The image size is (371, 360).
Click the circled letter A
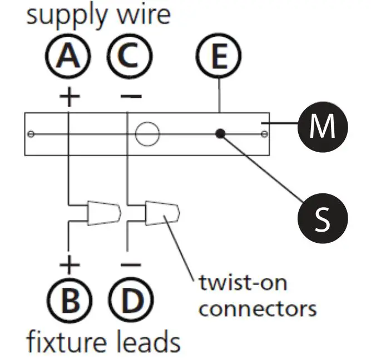(68, 56)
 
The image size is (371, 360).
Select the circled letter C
(130, 56)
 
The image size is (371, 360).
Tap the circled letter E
(219, 56)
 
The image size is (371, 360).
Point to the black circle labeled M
(323, 127)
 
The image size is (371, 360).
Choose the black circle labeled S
(323, 218)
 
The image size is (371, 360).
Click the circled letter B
(70, 301)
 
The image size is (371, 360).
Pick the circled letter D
(131, 301)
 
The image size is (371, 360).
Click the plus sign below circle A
(70, 97)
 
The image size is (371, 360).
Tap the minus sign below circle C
(131, 96)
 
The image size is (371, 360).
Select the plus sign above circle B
(70, 264)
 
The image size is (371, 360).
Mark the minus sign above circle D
(131, 264)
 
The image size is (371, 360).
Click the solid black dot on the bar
(220, 133)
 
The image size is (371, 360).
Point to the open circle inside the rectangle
(147, 134)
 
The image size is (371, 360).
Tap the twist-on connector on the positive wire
(104, 213)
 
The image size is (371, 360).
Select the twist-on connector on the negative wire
(162, 213)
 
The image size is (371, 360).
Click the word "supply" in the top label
(67, 17)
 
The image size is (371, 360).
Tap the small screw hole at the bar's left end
(31, 134)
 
